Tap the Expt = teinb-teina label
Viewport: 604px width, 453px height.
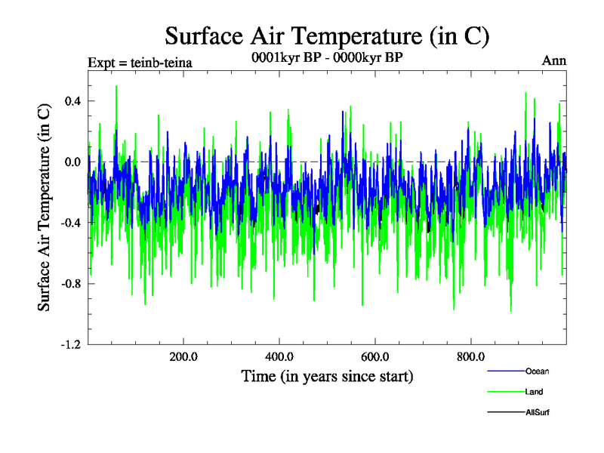[140, 62]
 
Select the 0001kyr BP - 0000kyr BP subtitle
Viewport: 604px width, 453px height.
[326, 56]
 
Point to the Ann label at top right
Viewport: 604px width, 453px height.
[554, 61]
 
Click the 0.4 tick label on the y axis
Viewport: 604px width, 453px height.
[72, 101]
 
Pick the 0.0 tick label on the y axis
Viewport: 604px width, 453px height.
[72, 162]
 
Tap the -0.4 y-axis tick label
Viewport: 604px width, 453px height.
[69, 223]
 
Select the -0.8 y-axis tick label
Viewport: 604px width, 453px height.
[69, 284]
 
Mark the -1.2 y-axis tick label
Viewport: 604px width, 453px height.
[69, 344]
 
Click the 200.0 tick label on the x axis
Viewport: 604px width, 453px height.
[183, 357]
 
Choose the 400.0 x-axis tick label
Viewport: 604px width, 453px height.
[279, 357]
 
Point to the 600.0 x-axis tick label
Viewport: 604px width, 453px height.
[374, 357]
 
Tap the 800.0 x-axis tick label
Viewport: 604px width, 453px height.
[470, 357]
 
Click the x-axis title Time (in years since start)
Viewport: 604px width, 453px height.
[327, 375]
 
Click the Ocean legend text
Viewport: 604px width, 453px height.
[537, 371]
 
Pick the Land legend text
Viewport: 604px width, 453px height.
[534, 392]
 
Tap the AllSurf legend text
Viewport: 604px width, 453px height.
[537, 412]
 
